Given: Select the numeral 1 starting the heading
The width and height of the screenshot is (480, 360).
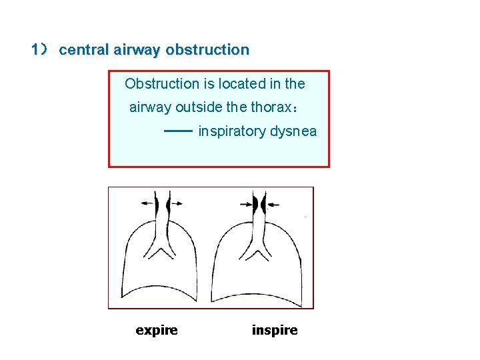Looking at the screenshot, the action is click(x=35, y=50).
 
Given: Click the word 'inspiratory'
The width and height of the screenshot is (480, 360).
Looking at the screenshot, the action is click(x=232, y=131).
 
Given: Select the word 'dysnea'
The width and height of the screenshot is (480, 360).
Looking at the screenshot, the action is click(x=293, y=131).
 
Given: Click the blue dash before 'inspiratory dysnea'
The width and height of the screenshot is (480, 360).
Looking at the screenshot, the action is click(x=178, y=131).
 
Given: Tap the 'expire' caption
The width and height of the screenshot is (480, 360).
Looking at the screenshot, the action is click(x=157, y=330).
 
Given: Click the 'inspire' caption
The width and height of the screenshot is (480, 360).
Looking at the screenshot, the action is click(x=275, y=330).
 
